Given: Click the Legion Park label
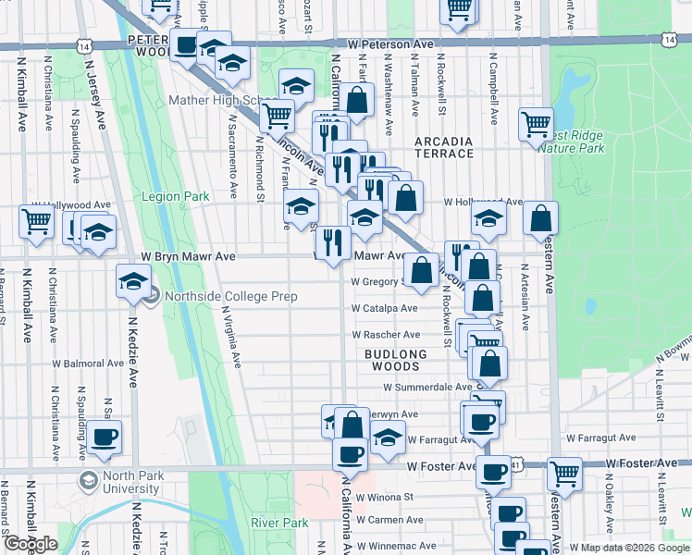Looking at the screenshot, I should [175, 197].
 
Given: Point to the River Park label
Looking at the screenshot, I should [279, 523].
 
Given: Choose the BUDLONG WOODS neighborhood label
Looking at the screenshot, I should [396, 361].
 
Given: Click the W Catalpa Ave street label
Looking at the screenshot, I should [384, 309].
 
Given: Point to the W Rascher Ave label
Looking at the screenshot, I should [386, 335].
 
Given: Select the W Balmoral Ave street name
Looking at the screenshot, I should [88, 364].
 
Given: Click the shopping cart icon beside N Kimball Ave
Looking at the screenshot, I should [36, 223].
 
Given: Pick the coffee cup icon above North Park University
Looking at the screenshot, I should [105, 437].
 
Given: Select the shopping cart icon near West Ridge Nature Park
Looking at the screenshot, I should [536, 123].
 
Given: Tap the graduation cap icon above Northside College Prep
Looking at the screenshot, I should [133, 280].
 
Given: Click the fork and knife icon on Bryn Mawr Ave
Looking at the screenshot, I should [332, 243].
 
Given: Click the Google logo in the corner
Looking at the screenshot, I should [31, 544].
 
